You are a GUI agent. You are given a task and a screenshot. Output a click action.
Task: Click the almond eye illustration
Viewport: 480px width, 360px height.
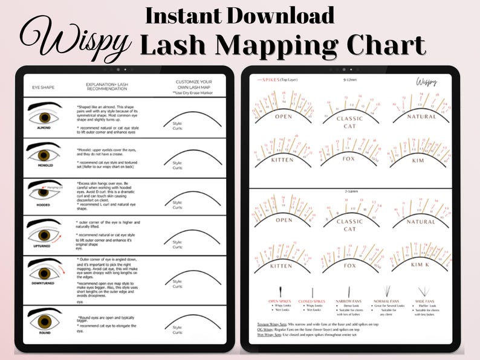click(44, 115)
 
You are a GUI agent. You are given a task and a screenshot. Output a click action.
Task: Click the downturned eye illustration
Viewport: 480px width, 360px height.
click(44, 272)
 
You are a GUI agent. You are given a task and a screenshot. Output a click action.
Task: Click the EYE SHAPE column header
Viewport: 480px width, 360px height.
click(43, 88)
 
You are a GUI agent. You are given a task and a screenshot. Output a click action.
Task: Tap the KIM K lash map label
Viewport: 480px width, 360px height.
click(421, 265)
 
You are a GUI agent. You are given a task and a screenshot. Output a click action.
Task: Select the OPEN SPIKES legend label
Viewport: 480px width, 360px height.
click(281, 300)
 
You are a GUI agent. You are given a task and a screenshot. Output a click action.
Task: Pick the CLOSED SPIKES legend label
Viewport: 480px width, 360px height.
click(311, 300)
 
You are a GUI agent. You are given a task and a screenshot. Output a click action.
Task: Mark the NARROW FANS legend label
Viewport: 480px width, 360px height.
click(347, 300)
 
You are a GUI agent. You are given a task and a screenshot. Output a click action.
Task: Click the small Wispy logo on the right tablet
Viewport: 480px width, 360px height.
click(426, 80)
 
